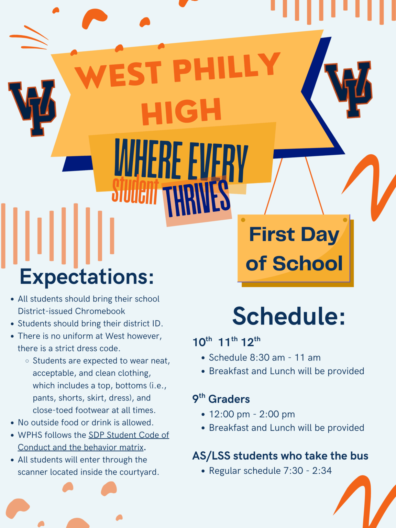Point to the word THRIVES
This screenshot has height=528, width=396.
196,200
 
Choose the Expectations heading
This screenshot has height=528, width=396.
87,276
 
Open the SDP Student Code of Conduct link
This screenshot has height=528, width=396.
129,435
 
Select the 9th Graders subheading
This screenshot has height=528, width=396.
221,399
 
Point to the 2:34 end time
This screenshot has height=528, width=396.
322,471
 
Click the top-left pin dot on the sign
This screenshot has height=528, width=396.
243,220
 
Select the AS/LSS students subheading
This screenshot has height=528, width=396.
280,456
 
